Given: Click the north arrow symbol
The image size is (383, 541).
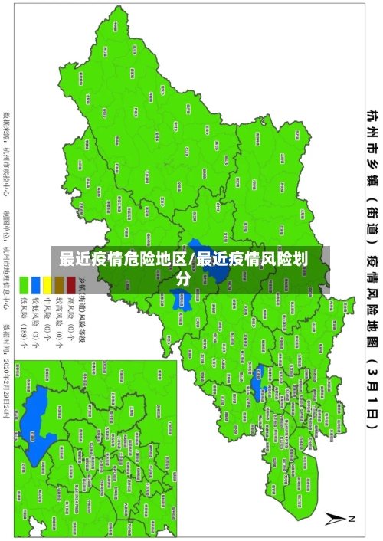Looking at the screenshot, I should (x=335, y=520).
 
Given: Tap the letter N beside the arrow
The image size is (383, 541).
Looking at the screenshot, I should (x=353, y=520).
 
